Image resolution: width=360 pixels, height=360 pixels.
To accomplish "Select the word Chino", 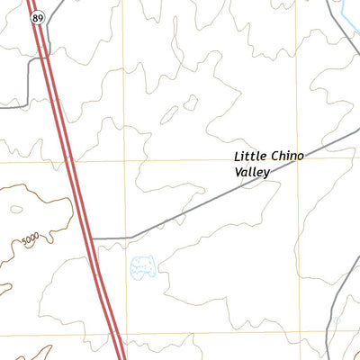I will [x=287, y=157].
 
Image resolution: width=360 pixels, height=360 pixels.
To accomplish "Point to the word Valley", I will [x=252, y=172].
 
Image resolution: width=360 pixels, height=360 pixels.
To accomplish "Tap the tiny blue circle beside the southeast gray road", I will [x=337, y=319].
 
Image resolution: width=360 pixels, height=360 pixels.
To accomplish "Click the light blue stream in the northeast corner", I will [x=346, y=13].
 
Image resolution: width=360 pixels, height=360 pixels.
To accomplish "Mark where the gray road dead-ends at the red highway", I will [x=94, y=238].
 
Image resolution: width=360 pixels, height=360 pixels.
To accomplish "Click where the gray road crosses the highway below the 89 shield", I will [x=43, y=59].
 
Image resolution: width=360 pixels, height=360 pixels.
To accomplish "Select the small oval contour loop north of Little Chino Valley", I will [x=190, y=103].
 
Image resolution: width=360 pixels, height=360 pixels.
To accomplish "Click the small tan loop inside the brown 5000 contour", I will [x=15, y=210].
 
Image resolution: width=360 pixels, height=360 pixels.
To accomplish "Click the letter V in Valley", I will [x=238, y=172].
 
